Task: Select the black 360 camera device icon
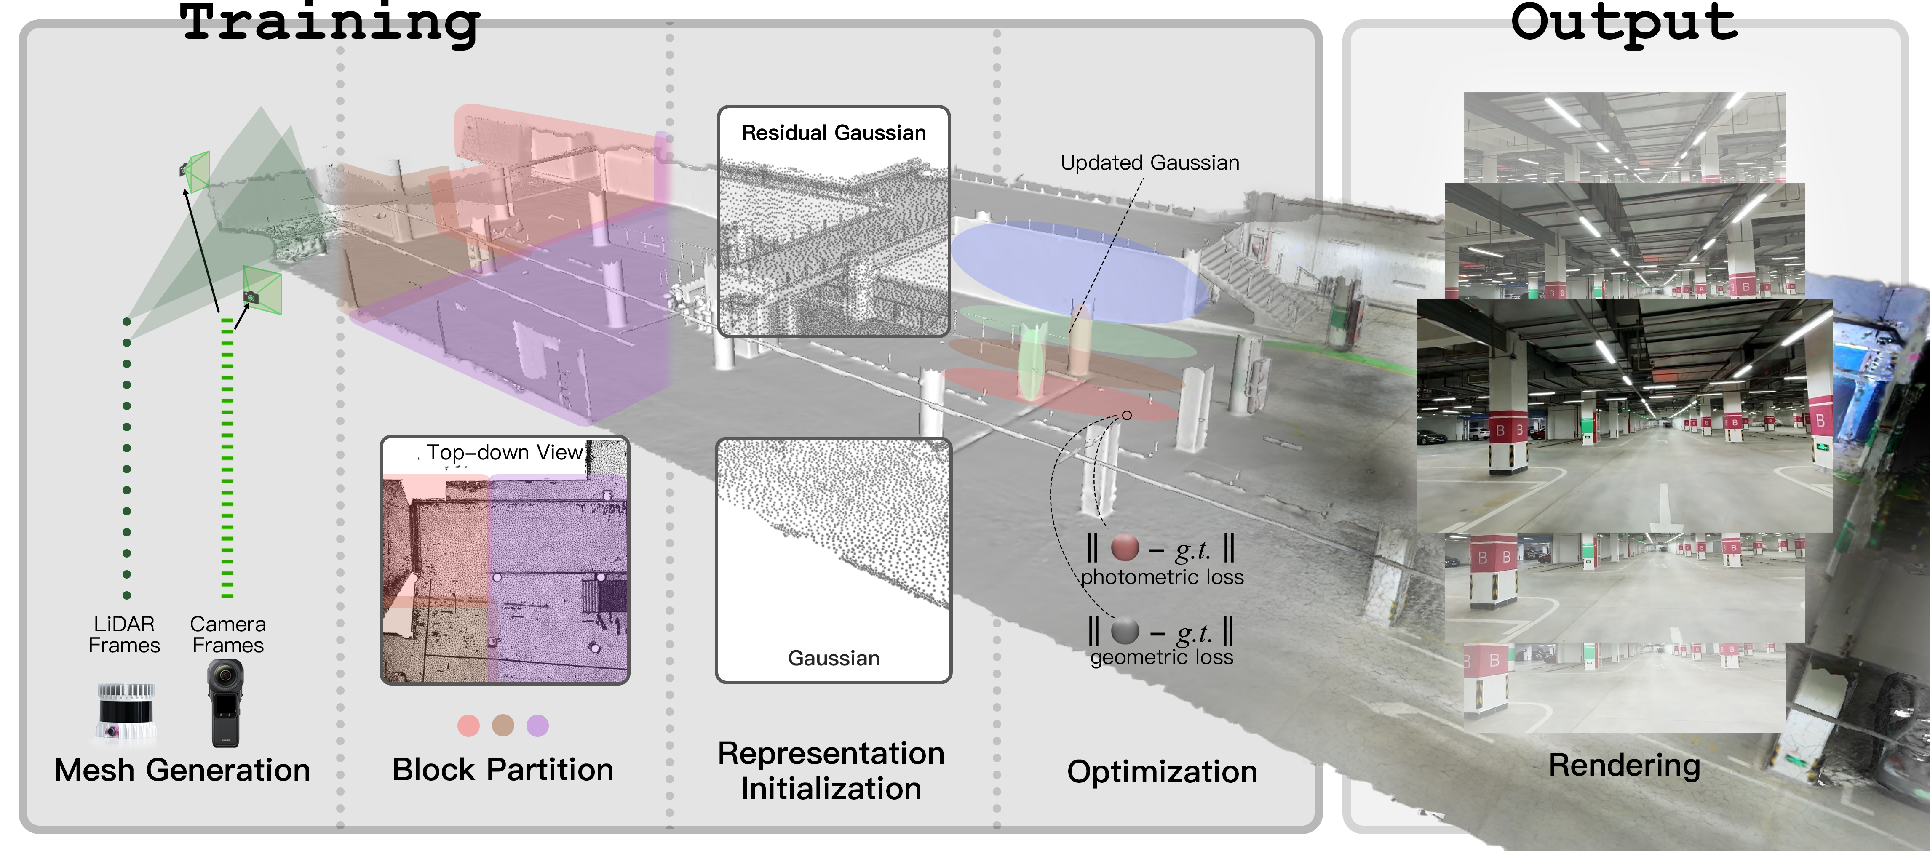[225, 703]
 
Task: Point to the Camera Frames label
[228, 635]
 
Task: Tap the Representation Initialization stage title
[831, 771]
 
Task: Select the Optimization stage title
[1162, 771]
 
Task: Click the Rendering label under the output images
[1624, 766]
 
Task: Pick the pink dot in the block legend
[468, 725]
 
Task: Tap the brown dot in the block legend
[503, 725]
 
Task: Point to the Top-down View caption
[504, 453]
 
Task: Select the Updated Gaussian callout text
[1149, 163]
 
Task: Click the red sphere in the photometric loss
[1125, 547]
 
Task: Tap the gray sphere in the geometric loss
[1125, 631]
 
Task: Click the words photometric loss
[1161, 577]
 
